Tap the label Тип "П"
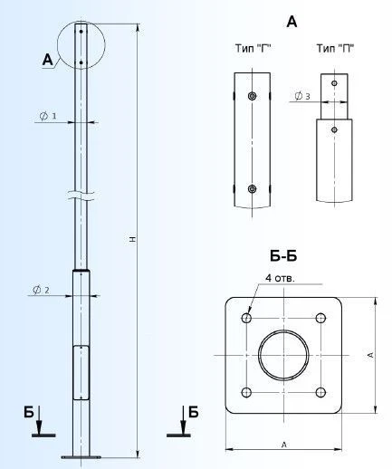click(333, 48)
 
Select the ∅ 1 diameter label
click(50, 117)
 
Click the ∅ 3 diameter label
click(302, 96)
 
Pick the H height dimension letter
click(132, 240)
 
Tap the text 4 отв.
click(280, 277)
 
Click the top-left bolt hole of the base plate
click(247, 319)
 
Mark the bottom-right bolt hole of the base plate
click(320, 392)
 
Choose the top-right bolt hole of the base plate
click(320, 319)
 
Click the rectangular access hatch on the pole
click(81, 372)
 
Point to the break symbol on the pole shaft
click(81, 194)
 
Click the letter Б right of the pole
click(193, 413)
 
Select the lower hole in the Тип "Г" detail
click(252, 189)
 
